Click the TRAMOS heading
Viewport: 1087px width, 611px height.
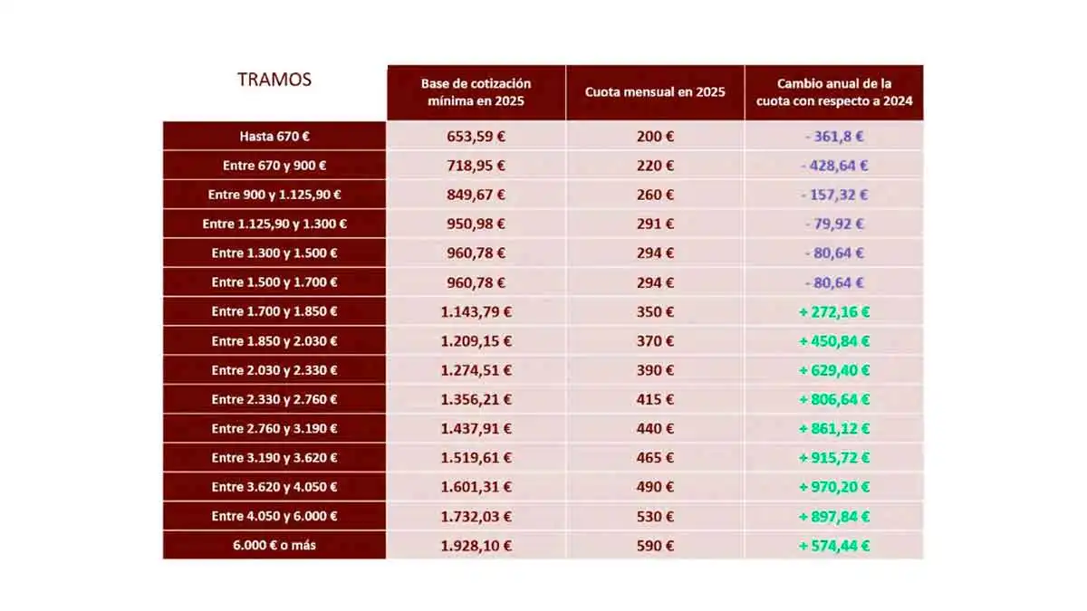274,80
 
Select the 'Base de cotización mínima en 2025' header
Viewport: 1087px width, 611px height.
476,92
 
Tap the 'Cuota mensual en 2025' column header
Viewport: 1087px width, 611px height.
655,92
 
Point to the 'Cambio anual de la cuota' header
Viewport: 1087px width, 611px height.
834,92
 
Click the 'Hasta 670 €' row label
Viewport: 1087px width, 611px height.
274,137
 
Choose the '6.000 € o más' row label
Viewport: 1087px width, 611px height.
274,546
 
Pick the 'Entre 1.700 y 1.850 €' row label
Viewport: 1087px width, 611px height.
274,311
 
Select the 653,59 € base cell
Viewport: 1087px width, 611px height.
476,137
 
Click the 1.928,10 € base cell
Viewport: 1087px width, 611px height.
476,546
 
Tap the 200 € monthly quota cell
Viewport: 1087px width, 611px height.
655,137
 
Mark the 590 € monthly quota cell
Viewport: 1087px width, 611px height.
655,546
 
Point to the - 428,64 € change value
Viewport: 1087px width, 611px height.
834,166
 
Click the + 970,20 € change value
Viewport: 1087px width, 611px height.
834,487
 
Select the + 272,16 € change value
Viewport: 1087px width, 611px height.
834,311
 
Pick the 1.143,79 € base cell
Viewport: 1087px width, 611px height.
476,311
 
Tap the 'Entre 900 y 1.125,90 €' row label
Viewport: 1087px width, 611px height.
274,195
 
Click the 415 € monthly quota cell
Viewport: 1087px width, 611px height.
655,399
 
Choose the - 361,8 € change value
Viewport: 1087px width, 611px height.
834,137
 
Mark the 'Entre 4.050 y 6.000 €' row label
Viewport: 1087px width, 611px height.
274,516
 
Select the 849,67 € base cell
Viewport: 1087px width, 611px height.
476,195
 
